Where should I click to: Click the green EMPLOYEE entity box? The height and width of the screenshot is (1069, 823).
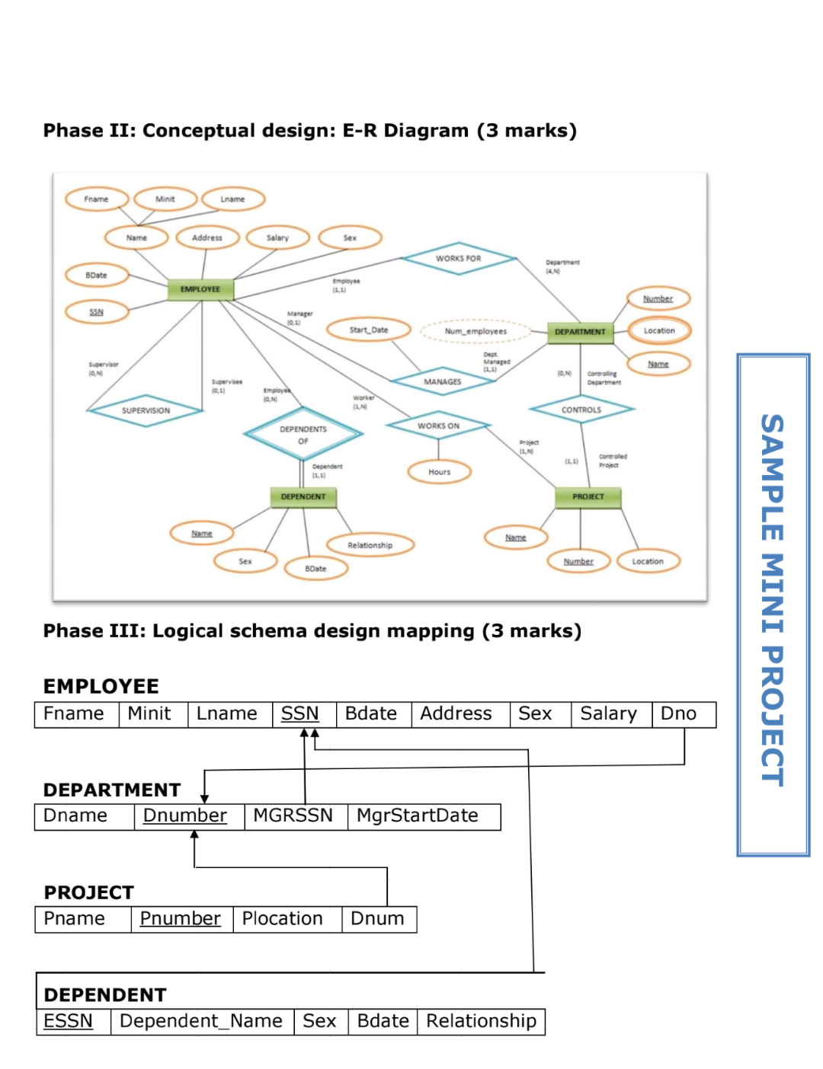(200, 289)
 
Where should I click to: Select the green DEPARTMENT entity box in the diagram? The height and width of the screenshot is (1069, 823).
(580, 332)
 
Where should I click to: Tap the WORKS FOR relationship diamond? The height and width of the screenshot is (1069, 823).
(458, 259)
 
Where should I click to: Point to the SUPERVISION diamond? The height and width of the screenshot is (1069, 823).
(146, 410)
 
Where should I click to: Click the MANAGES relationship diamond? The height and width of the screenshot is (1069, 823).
(443, 381)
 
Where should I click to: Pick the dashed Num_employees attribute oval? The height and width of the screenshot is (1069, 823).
(476, 331)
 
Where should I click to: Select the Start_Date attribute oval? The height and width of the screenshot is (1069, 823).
(369, 330)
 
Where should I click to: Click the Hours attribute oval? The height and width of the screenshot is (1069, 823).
(439, 472)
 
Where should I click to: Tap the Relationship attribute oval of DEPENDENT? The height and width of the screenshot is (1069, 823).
(370, 545)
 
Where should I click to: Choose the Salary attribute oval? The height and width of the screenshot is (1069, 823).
(277, 238)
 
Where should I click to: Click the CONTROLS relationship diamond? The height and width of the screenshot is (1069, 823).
(581, 410)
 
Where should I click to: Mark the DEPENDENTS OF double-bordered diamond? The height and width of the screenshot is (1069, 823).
(303, 435)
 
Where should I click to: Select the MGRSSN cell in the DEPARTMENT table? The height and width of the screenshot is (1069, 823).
(294, 816)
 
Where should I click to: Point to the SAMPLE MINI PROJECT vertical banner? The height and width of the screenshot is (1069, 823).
(773, 605)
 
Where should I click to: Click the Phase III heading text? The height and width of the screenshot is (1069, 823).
(312, 631)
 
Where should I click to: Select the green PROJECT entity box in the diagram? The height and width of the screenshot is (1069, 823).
(588, 496)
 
